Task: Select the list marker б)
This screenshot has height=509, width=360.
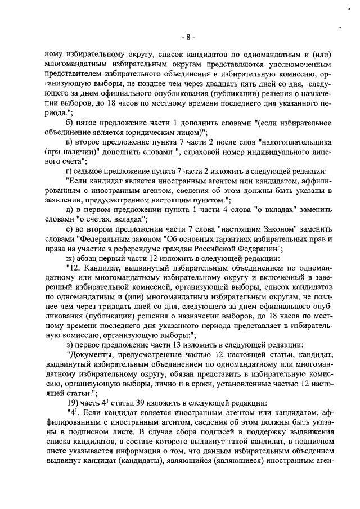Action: click(x=70, y=123)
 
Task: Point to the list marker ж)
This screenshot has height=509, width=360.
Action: click(x=71, y=259)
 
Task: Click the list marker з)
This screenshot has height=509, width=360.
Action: click(x=70, y=345)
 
